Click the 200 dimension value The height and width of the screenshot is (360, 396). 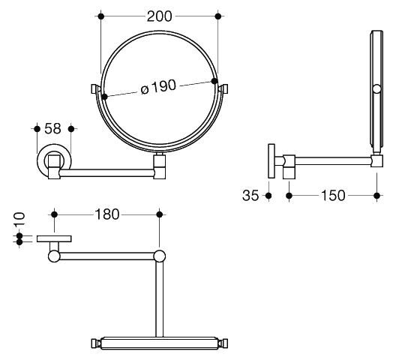pos(159,16)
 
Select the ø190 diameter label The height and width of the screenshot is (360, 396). pos(158,88)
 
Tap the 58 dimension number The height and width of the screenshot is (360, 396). pos(52,128)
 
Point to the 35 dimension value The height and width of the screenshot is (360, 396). pos(250,196)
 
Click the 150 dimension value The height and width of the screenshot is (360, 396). pos(333,196)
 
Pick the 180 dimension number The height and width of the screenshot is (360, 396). pos(106,214)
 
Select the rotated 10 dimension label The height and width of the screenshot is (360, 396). pos(19,219)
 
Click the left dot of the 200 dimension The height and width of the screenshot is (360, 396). pos(100,16)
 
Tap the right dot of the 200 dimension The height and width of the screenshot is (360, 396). pos(218,16)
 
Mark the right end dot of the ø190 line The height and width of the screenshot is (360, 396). pos(214,81)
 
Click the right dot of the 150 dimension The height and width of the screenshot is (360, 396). pos(376,195)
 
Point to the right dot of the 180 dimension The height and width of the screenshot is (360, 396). pos(159,214)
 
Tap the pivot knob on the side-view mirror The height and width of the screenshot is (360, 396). pos(376,89)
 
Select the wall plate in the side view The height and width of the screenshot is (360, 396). pos(271,161)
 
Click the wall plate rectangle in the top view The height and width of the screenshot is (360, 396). pos(54,238)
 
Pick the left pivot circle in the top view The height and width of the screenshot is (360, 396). pos(54,256)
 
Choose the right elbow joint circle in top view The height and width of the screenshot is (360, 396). pos(159,256)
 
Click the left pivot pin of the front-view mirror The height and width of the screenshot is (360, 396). pos(94,88)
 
